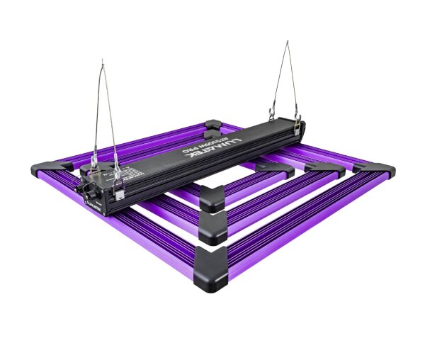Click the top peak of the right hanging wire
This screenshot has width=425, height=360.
pyautogui.click(x=287, y=42)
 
